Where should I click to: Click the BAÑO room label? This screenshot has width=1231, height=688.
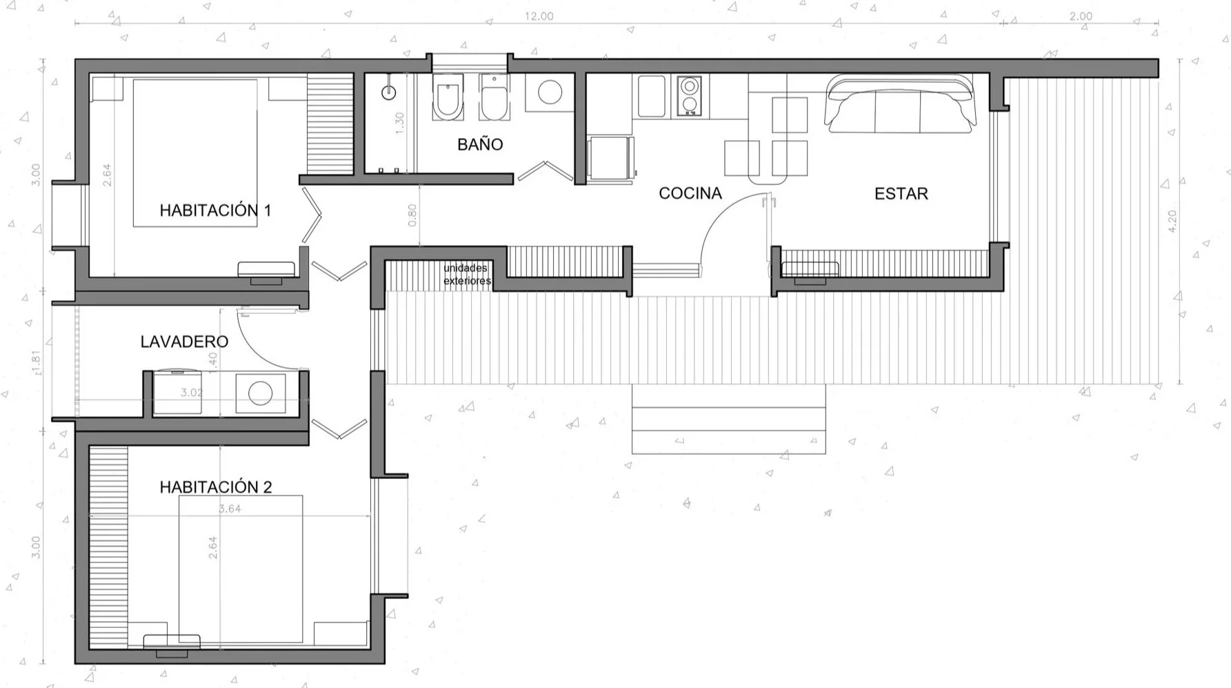pyautogui.click(x=480, y=145)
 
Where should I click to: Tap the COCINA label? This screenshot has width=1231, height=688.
pyautogui.click(x=690, y=194)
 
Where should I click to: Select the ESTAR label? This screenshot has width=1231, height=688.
pyautogui.click(x=901, y=195)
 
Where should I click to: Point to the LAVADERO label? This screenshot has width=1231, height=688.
pyautogui.click(x=184, y=342)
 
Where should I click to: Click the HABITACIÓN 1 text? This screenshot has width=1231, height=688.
pyautogui.click(x=215, y=211)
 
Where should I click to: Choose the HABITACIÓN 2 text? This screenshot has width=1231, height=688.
pyautogui.click(x=216, y=487)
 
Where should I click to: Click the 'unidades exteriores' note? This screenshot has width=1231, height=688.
pyautogui.click(x=467, y=275)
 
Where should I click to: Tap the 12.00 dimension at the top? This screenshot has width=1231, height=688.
pyautogui.click(x=539, y=16)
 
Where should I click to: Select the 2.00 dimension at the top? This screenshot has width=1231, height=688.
pyautogui.click(x=1081, y=16)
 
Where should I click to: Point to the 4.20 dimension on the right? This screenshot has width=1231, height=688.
pyautogui.click(x=1172, y=221)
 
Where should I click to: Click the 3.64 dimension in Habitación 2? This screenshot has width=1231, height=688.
pyautogui.click(x=230, y=509)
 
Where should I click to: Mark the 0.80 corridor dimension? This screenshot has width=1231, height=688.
pyautogui.click(x=412, y=215)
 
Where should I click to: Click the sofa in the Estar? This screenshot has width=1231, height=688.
pyautogui.click(x=901, y=105)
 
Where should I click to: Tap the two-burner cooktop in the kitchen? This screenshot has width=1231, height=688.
pyautogui.click(x=688, y=96)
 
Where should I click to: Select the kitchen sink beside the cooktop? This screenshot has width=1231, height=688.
pyautogui.click(x=651, y=97)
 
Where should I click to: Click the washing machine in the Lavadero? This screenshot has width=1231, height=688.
pyautogui.click(x=260, y=393)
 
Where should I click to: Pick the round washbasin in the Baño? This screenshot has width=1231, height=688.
pyautogui.click(x=550, y=92)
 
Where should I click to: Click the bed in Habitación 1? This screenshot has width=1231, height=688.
pyautogui.click(x=195, y=152)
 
